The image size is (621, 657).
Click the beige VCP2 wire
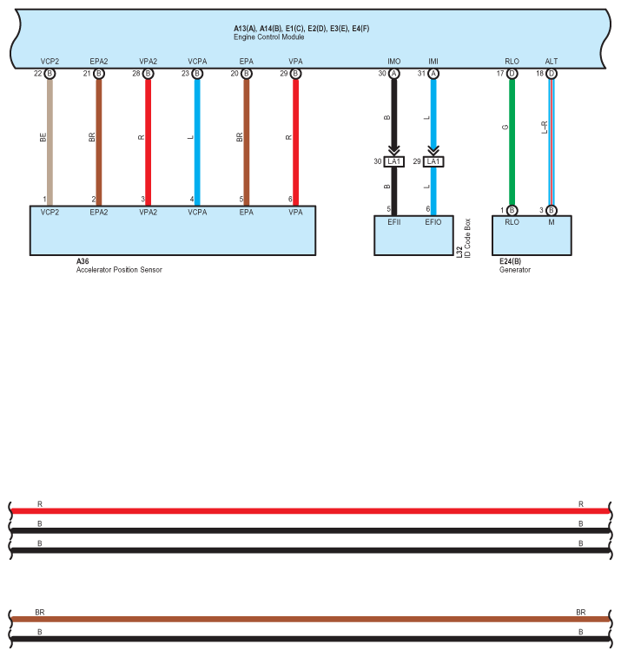[50, 139]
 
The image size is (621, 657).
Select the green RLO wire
[512, 139]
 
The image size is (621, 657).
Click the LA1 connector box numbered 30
[394, 161]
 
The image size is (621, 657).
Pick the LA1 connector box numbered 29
[433, 161]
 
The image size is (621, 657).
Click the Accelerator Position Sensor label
[119, 270]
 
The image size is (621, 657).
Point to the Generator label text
[515, 270]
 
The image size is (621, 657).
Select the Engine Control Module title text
[265, 38]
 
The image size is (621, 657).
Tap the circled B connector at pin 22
[50, 74]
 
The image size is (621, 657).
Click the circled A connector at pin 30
[394, 74]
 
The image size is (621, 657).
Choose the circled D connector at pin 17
[512, 74]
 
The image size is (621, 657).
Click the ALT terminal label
[551, 62]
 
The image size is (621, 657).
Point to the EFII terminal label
[393, 222]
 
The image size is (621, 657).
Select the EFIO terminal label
[433, 222]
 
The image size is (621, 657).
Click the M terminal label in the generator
[551, 222]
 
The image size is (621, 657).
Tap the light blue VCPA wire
[197, 139]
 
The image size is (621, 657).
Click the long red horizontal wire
[309, 511]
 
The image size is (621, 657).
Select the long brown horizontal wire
[309, 620]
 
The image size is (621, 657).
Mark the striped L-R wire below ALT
[551, 139]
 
